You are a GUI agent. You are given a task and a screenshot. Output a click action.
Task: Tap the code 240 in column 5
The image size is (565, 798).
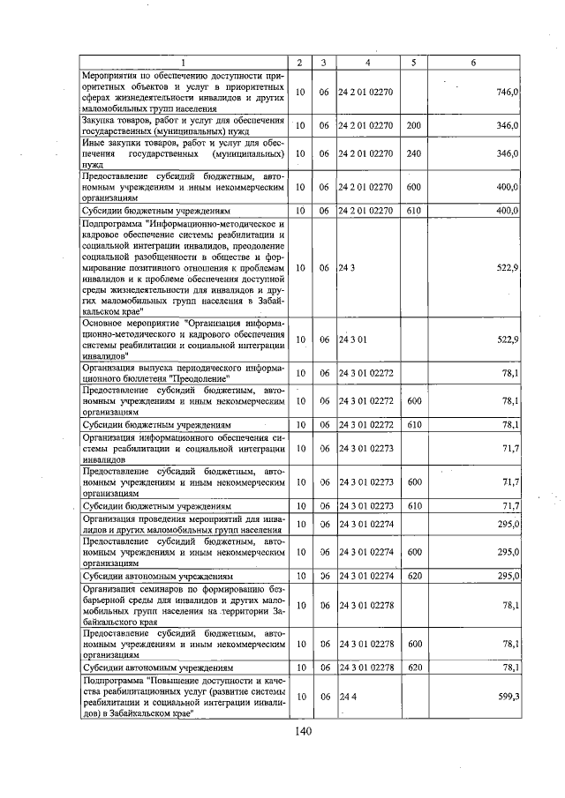[x=413, y=153]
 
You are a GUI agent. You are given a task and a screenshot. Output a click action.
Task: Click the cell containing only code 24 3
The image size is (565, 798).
[x=346, y=267]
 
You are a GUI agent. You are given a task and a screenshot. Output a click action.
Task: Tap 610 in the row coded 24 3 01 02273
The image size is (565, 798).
[x=413, y=507]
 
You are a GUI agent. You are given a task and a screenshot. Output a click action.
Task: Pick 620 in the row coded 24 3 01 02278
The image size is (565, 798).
[x=413, y=667]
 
